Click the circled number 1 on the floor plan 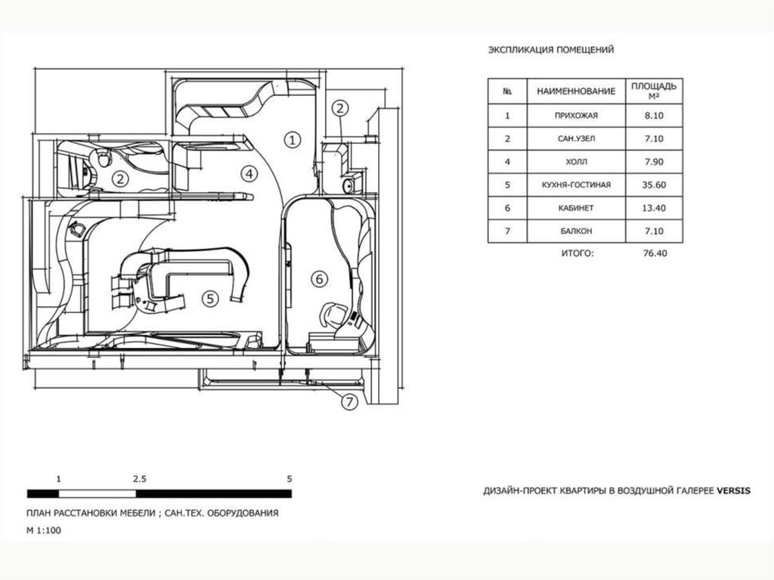pos(293,141)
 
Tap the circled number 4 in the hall pos(249,174)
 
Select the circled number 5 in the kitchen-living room pos(210,299)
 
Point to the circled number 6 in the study pos(320,280)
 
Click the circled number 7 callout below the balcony pos(349,402)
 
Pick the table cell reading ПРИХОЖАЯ pos(576,116)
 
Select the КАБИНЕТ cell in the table pos(576,208)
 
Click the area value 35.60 pos(654,185)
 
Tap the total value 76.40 pos(655,253)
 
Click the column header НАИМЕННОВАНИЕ pos(576,91)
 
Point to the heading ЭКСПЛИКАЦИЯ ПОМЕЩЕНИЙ pos(551,50)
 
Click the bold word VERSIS pos(733,491)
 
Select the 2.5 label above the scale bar pos(140,479)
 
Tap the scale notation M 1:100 pos(44,531)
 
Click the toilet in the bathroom pos(103,159)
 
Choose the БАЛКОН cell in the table pos(576,231)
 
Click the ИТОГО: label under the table pos(577,253)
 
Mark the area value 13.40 pos(654,208)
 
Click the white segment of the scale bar pos(98,494)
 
